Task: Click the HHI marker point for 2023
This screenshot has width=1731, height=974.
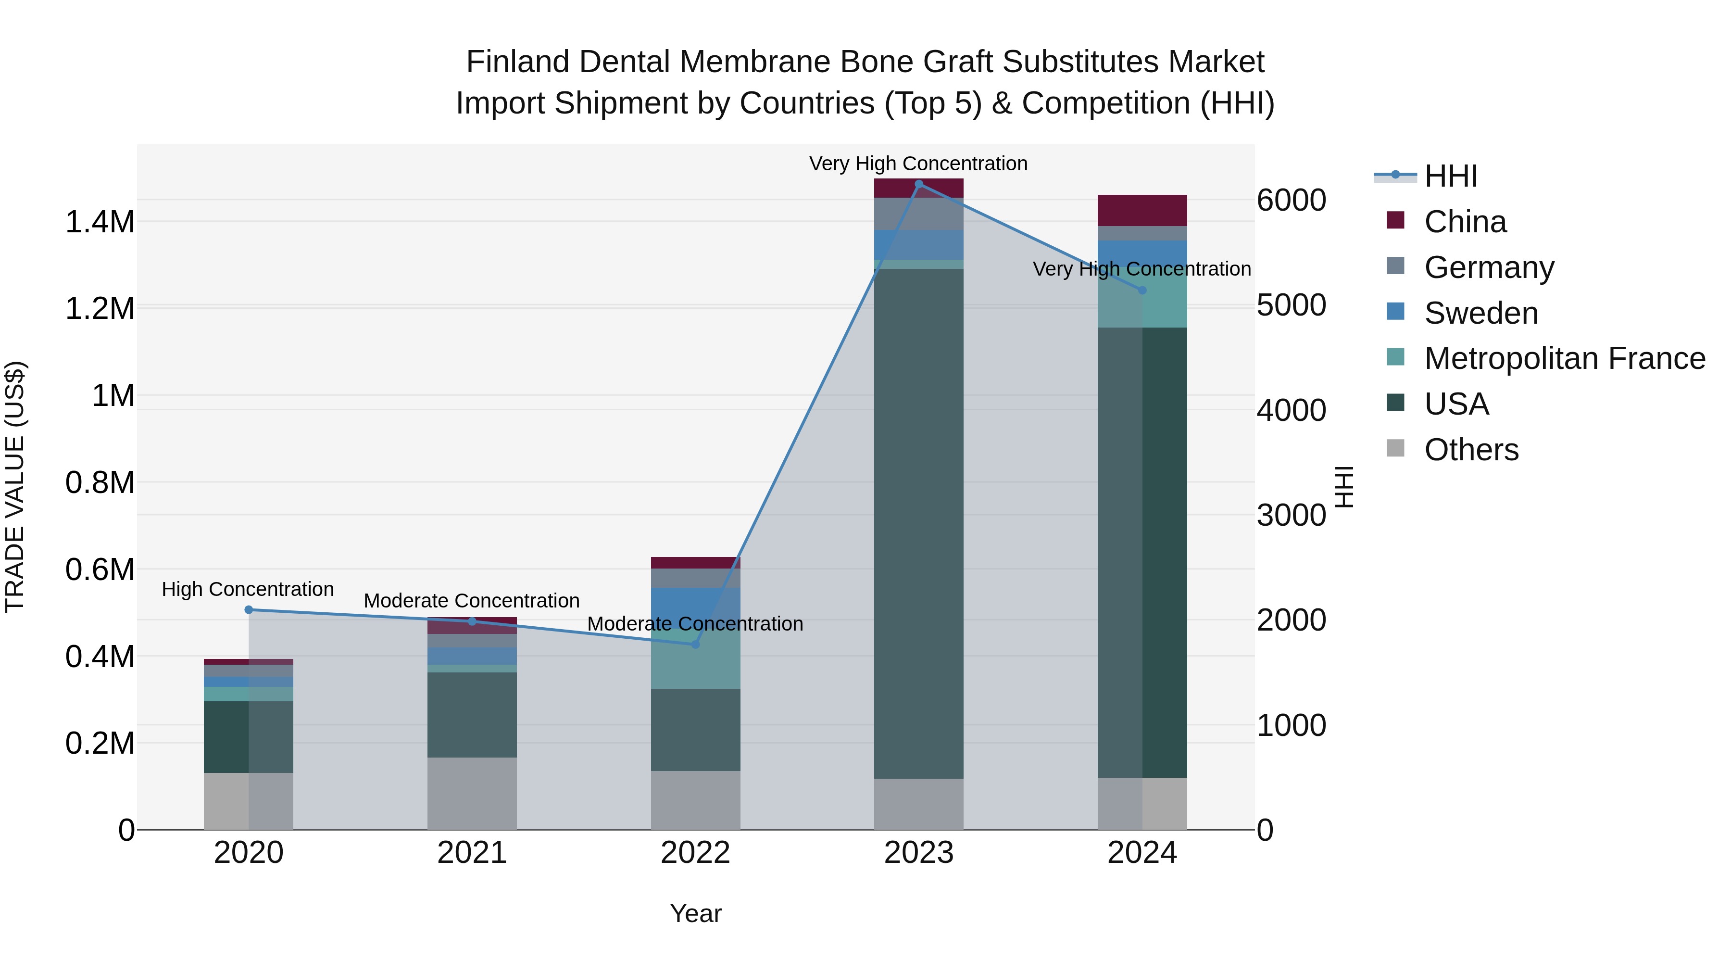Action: coord(918,184)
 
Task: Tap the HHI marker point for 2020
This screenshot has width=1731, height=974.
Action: coord(249,610)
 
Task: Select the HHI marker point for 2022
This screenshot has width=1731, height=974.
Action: coord(695,644)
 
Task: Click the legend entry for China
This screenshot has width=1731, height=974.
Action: coord(1465,222)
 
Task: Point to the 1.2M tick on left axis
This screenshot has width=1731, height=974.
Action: coord(100,308)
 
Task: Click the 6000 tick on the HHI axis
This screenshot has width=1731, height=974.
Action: coord(1291,200)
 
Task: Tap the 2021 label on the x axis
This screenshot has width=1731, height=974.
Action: coord(472,853)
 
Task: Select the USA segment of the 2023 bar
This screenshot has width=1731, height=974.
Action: coord(918,524)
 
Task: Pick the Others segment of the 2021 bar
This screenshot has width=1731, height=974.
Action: coord(472,793)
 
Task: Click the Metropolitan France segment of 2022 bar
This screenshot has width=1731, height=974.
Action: coord(695,662)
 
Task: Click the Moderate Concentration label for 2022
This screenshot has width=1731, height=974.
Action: coord(695,624)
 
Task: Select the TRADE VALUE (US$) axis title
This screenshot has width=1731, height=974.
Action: coord(15,487)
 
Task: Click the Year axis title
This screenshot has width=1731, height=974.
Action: coord(695,913)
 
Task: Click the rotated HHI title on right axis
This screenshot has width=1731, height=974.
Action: coord(1344,487)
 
